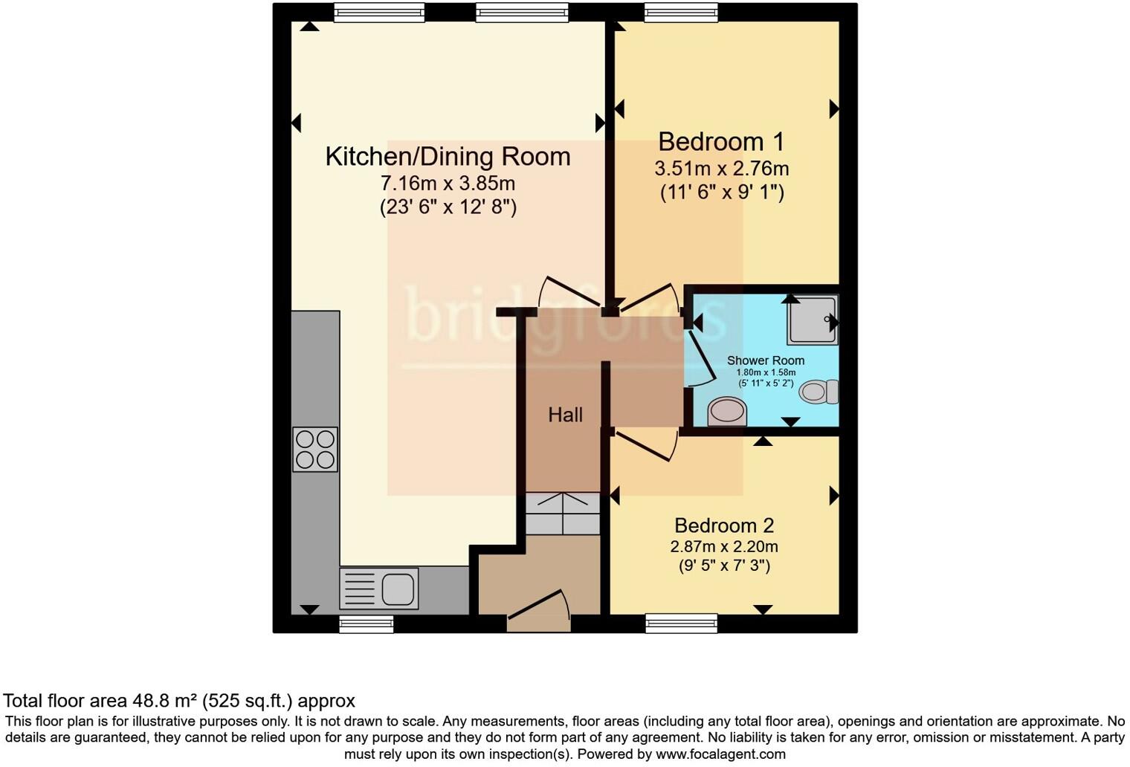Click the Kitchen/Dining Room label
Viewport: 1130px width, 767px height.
448,157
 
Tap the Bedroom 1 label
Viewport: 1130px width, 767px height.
720,141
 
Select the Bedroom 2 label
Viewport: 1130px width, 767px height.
723,525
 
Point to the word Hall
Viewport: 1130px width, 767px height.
565,415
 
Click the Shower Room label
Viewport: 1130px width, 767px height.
765,360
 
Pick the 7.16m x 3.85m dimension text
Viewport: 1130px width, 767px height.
448,183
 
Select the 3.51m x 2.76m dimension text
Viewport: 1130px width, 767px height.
721,169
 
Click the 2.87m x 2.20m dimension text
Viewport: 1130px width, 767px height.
723,547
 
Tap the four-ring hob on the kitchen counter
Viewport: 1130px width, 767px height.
315,450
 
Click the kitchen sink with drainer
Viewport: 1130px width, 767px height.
379,589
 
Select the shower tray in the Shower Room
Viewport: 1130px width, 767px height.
813,320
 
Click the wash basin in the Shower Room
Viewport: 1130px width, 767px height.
726,412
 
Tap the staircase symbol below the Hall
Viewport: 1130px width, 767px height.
563,514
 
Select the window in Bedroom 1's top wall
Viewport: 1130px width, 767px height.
681,12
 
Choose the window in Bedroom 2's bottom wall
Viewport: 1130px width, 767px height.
681,624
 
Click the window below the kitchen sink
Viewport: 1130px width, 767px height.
366,624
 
